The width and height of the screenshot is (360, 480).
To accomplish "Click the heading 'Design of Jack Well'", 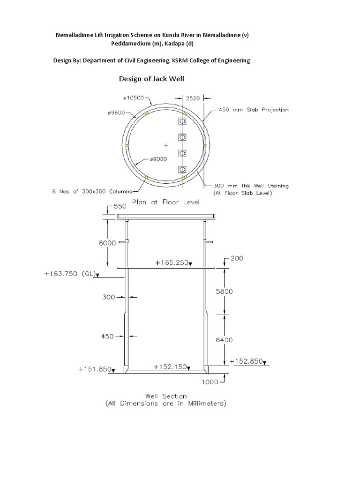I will (x=151, y=79).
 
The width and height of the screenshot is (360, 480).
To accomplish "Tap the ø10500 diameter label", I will (x=135, y=98).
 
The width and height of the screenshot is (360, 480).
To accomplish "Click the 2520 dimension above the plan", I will (x=193, y=98).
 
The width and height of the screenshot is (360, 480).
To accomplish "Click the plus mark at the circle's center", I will (x=165, y=145).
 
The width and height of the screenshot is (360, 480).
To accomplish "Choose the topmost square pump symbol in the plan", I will (x=182, y=121).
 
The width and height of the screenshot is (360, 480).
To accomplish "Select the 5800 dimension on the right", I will (x=224, y=291).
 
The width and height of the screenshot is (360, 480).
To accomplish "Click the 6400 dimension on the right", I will (x=224, y=340).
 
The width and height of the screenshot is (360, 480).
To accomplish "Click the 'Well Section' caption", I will (x=165, y=396).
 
